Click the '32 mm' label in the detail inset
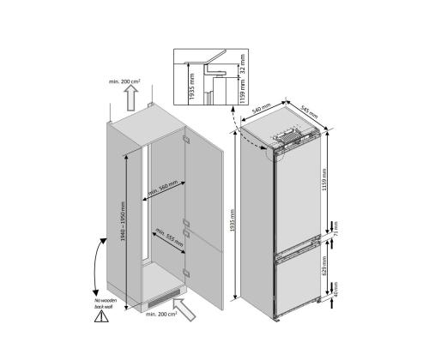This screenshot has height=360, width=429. tap(242, 63)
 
